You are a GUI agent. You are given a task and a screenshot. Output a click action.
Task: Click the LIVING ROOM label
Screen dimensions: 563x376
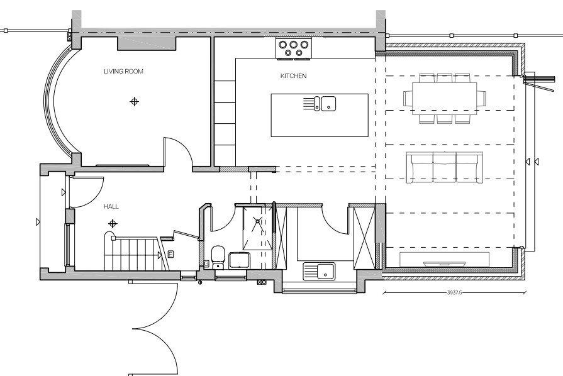[x=123, y=72]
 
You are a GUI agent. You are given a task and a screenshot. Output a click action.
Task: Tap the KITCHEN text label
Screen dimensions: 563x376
[x=293, y=75]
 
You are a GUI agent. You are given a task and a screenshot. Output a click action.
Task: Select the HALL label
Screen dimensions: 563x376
[x=111, y=206]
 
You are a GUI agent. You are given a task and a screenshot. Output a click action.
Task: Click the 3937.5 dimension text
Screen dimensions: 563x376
[x=454, y=292]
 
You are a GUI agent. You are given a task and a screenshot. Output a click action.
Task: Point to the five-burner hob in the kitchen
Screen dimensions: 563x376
[x=294, y=48]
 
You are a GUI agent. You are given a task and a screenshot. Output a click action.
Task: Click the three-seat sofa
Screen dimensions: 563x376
[x=445, y=167]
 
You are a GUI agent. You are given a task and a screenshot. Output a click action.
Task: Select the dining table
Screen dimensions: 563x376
[x=445, y=98]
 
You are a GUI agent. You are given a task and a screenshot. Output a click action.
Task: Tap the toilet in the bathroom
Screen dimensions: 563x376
[x=218, y=257]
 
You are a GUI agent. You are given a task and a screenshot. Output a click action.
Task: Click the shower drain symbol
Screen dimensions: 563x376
[x=257, y=221]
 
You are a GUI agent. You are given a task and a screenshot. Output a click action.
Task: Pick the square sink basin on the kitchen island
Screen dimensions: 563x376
[x=328, y=103]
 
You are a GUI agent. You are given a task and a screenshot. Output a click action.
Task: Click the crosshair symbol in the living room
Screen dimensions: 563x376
[x=134, y=101]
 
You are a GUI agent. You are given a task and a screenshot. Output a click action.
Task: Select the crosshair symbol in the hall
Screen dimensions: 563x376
[x=113, y=224]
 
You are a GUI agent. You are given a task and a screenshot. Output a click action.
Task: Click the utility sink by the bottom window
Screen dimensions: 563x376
[x=319, y=271]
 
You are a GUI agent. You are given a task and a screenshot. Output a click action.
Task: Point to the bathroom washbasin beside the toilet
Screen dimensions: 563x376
[x=240, y=260]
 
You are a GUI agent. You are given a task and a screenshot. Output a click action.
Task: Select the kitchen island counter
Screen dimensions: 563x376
[x=320, y=115]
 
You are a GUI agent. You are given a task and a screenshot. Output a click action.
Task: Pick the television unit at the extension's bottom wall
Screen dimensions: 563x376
[x=445, y=260]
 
